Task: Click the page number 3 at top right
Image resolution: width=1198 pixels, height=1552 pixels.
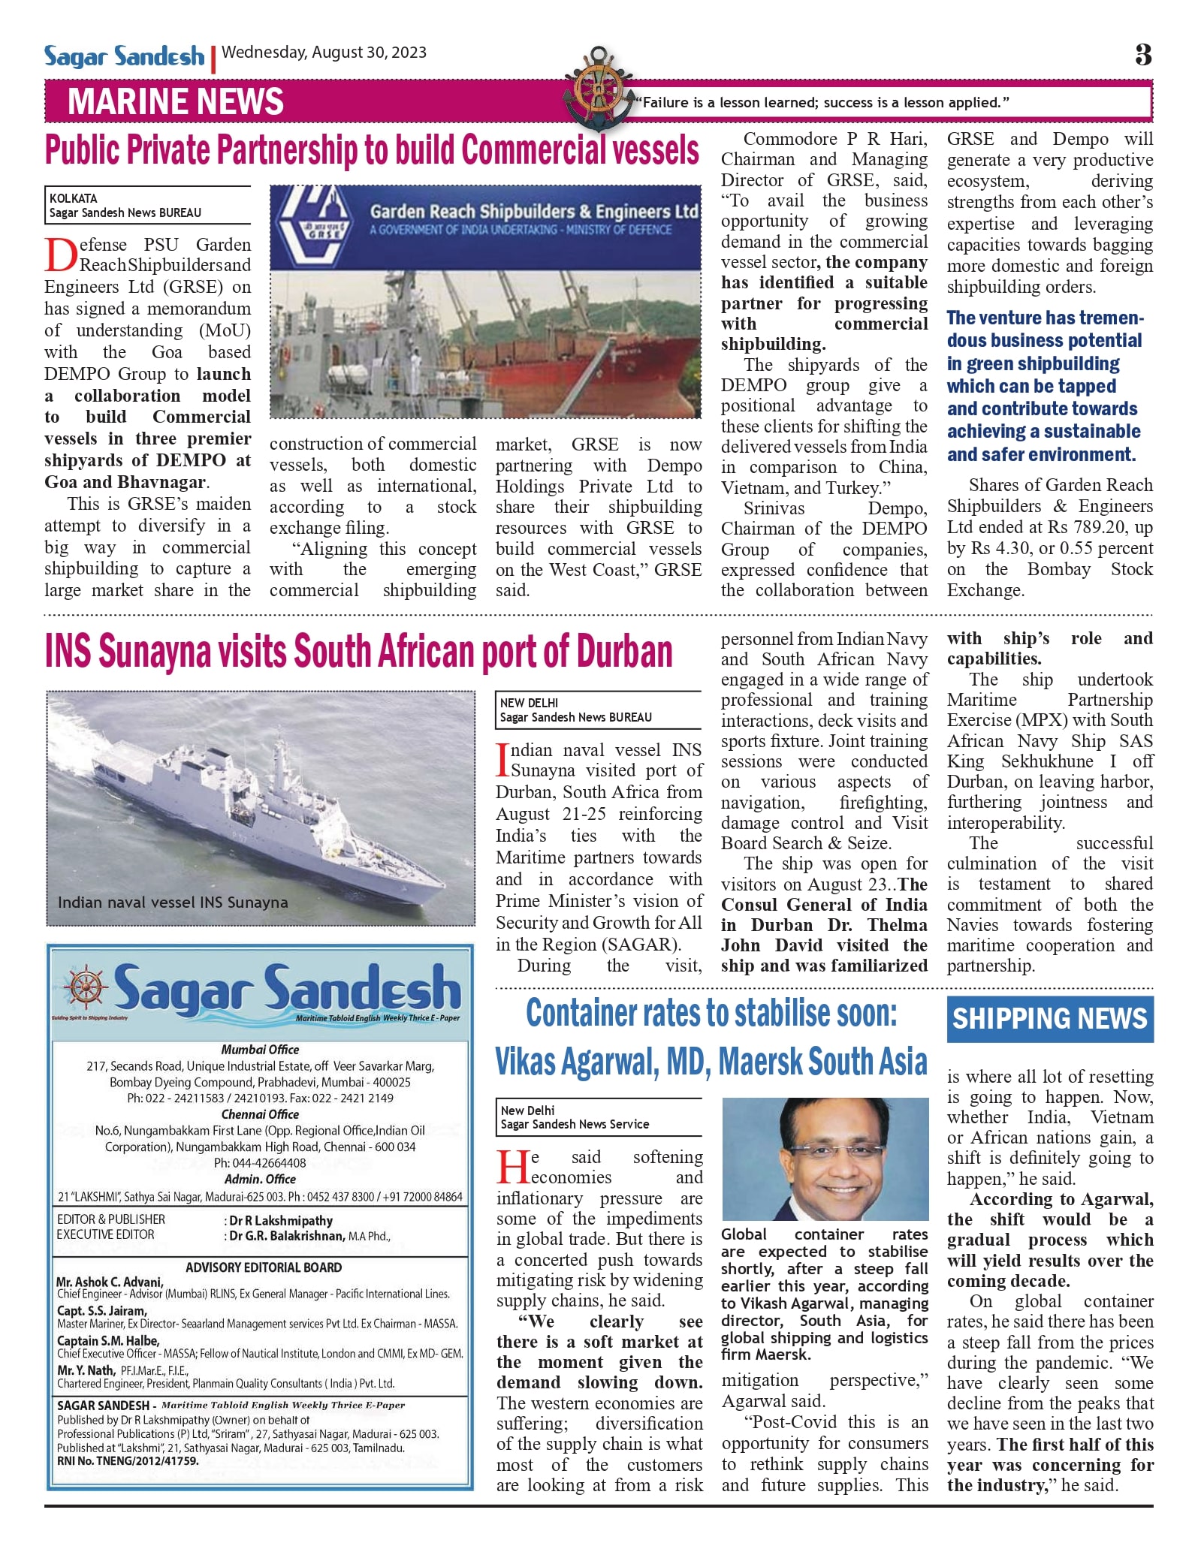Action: pyautogui.click(x=1142, y=55)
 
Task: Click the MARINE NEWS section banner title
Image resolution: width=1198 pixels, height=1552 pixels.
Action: pyautogui.click(x=176, y=102)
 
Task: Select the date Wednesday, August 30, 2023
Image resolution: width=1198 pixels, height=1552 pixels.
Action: pyautogui.click(x=324, y=53)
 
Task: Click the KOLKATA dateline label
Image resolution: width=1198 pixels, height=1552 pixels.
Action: pyautogui.click(x=74, y=198)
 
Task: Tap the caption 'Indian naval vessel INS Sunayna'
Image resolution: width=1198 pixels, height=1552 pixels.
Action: pyautogui.click(x=173, y=903)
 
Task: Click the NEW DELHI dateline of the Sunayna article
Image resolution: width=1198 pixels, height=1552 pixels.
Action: pyautogui.click(x=529, y=703)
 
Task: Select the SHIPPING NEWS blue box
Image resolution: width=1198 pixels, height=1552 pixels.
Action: pyautogui.click(x=1049, y=1019)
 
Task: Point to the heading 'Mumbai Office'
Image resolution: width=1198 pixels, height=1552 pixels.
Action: pyautogui.click(x=260, y=1050)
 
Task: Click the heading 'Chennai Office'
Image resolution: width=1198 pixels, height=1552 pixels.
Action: pyautogui.click(x=260, y=1114)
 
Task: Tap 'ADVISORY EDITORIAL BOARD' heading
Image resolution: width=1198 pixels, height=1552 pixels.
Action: pyautogui.click(x=264, y=1267)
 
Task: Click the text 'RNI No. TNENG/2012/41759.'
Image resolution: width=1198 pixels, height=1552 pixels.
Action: pyautogui.click(x=128, y=1461)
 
